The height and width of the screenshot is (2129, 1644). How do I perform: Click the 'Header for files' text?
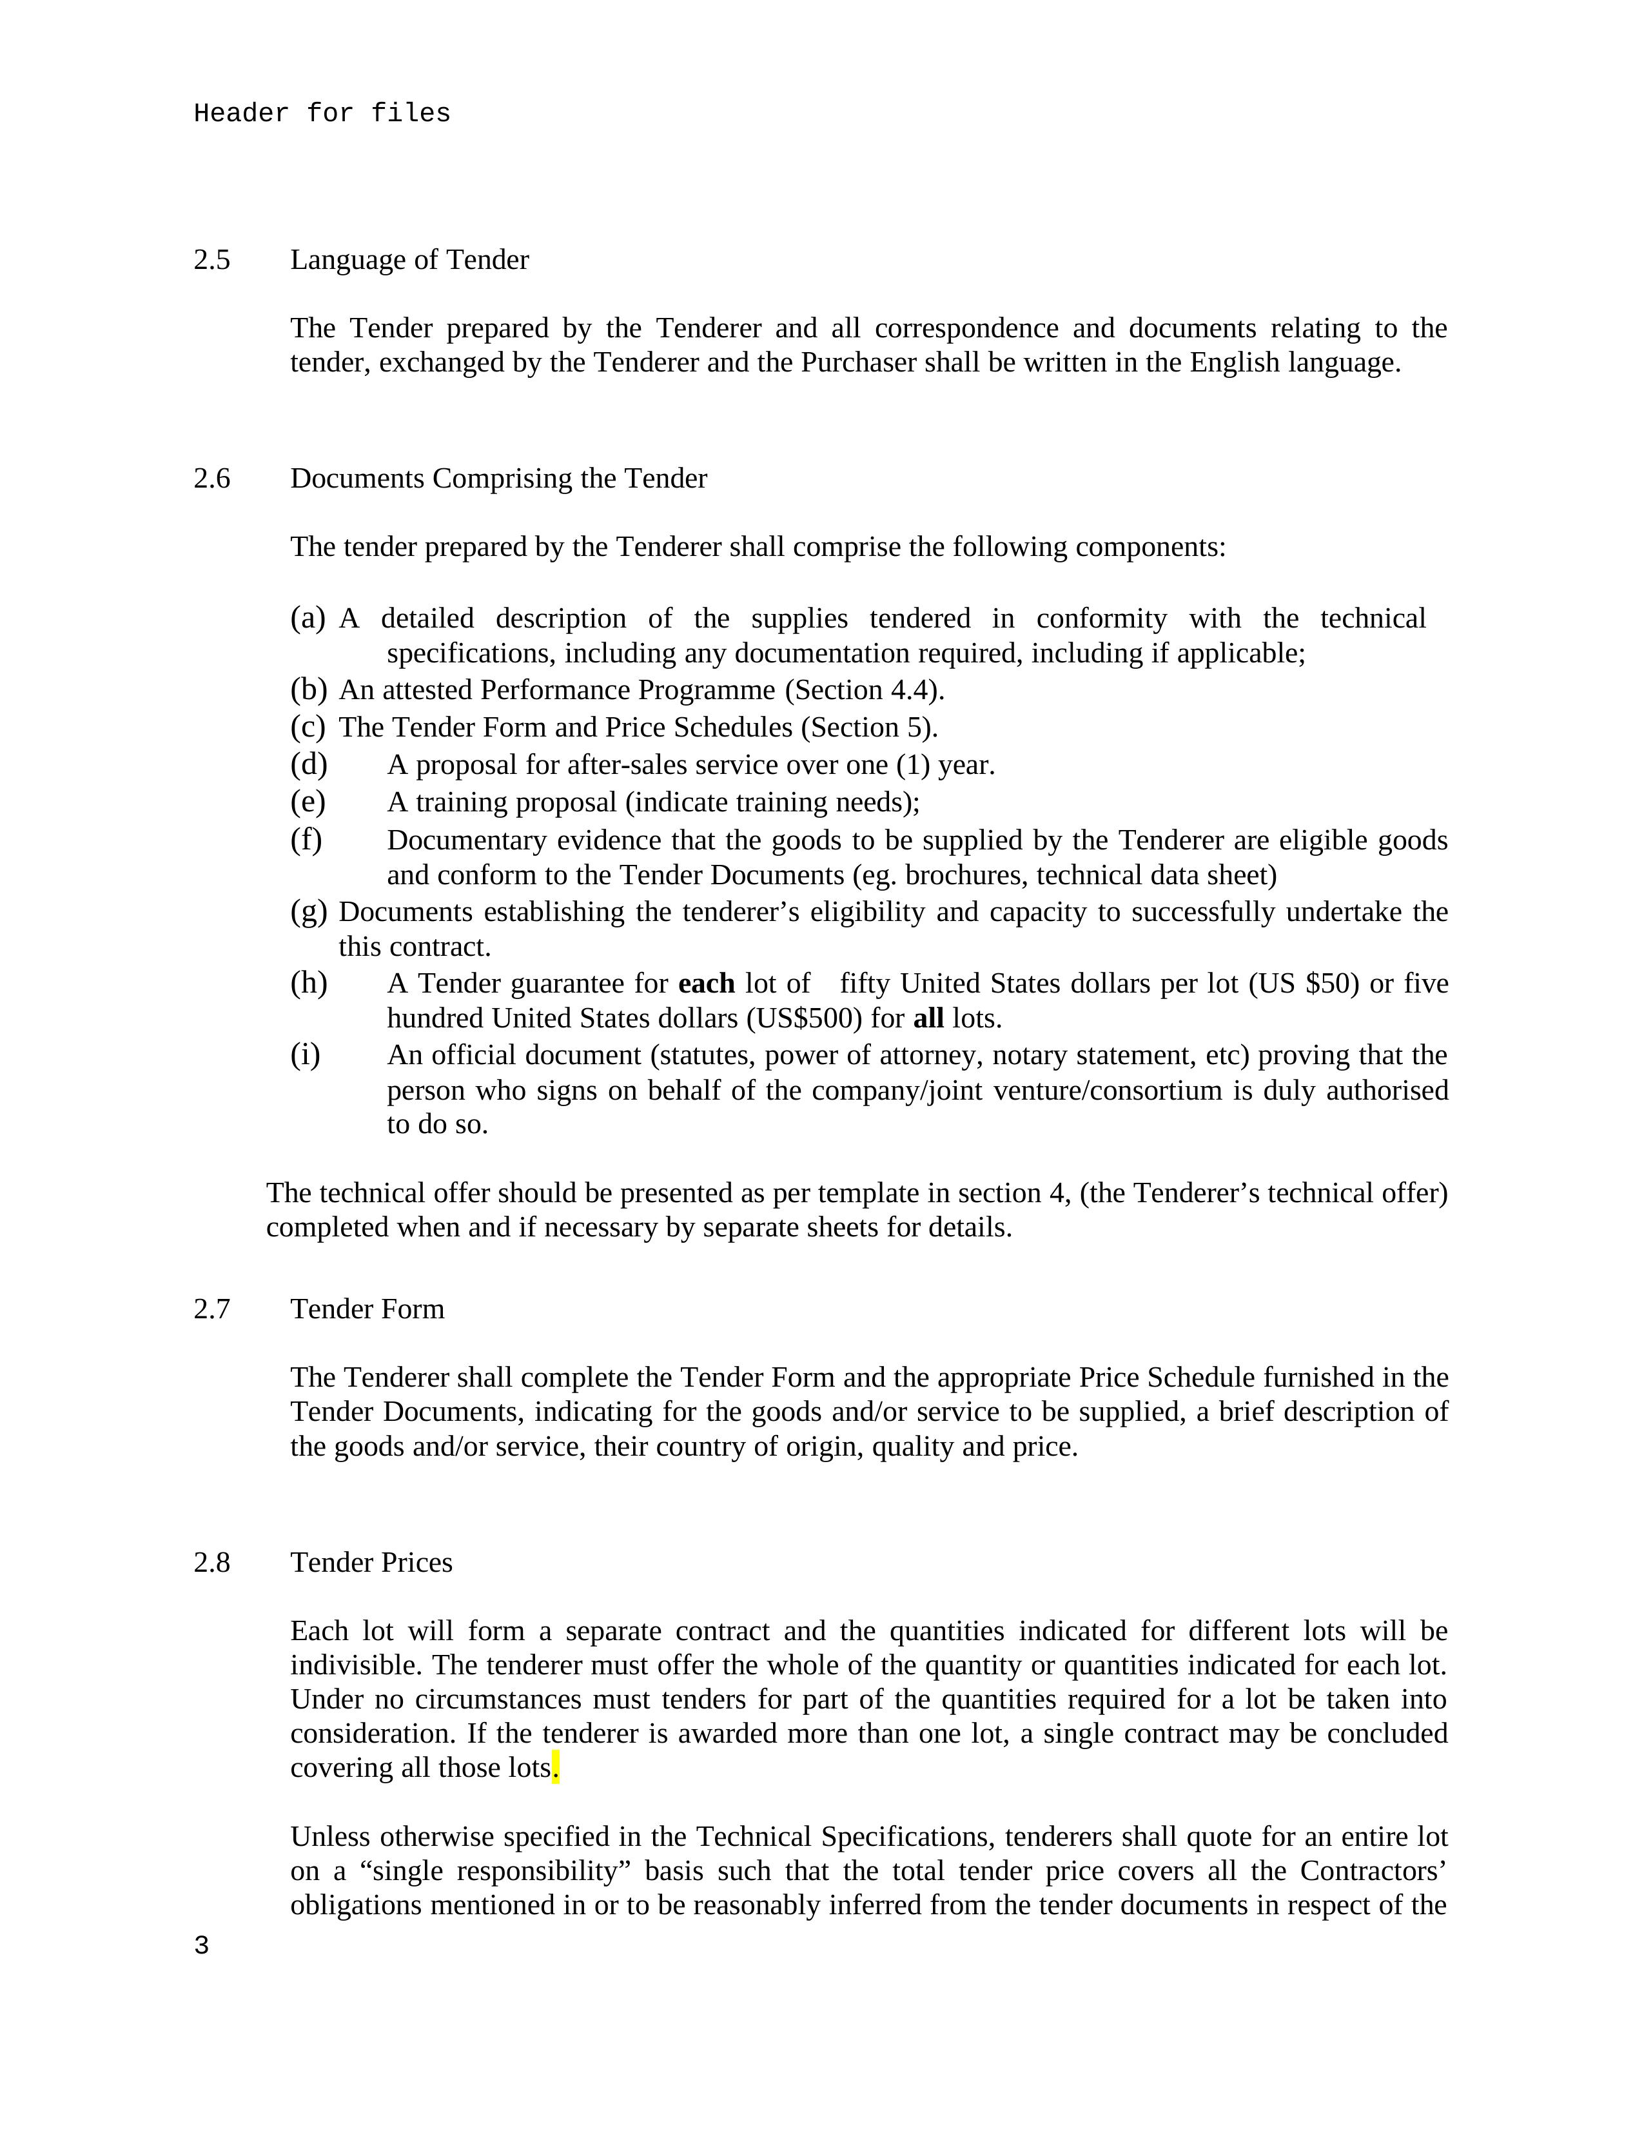click(322, 114)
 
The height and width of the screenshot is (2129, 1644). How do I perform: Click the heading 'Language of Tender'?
click(409, 261)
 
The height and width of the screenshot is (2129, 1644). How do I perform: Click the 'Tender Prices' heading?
click(371, 1563)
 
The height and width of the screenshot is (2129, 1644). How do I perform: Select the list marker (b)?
click(308, 690)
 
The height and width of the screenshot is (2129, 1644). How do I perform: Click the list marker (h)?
click(308, 983)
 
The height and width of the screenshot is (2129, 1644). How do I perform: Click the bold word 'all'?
click(928, 1018)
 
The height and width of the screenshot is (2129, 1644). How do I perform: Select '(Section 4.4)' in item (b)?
click(863, 690)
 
